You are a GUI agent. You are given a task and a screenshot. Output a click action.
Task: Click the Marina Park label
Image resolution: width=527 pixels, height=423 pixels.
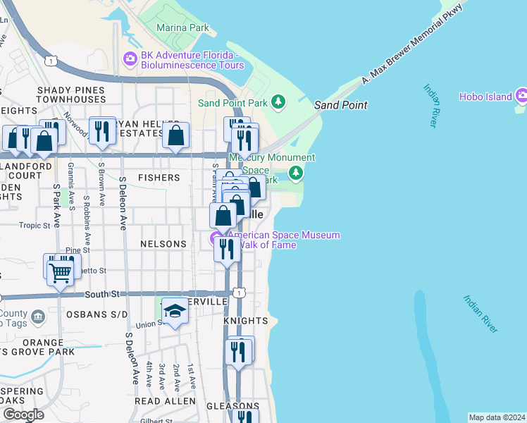[x=184, y=28]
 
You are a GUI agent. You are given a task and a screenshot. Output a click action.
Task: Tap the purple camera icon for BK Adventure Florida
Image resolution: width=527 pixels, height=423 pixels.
[x=130, y=57]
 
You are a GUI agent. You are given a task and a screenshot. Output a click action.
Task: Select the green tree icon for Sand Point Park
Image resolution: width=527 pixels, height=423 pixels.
[x=279, y=103]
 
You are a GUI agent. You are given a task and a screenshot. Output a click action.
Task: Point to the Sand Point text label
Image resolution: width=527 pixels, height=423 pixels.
[x=340, y=105]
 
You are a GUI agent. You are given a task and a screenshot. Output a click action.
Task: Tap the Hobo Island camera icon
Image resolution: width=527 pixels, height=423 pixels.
[x=521, y=95]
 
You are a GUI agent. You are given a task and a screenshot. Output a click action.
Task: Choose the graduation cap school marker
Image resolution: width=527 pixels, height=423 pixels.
[x=175, y=311]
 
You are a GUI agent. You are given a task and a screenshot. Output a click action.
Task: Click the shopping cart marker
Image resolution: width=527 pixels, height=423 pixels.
[x=61, y=271]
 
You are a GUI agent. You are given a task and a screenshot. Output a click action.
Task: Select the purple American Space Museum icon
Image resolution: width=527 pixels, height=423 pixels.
[x=216, y=238]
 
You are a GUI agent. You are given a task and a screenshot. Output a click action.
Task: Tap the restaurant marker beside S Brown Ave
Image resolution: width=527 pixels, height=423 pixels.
[x=101, y=130]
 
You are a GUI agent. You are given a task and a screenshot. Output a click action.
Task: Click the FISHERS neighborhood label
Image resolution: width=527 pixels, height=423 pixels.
[x=159, y=178]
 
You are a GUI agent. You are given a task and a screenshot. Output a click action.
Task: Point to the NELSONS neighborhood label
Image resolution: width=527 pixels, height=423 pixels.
[x=163, y=244]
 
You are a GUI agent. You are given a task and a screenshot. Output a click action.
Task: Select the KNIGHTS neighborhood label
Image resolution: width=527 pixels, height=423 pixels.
[x=246, y=321]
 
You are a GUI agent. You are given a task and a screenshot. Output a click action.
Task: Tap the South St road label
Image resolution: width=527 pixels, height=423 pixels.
[x=99, y=293]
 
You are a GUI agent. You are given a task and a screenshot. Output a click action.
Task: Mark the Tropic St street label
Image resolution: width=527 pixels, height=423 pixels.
[x=35, y=226]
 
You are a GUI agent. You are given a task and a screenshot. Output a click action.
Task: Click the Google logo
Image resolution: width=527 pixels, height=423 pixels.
[x=23, y=414]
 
